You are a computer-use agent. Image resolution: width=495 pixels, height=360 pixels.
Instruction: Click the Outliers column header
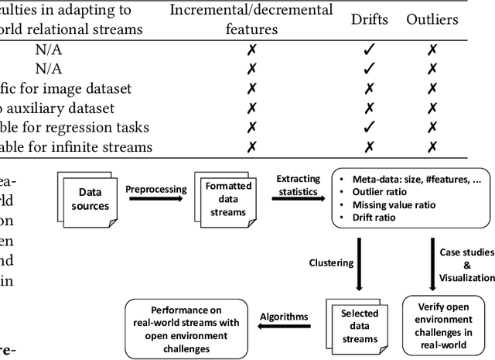coord(432,19)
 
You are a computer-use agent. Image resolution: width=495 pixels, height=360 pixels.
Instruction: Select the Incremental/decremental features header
coord(251,19)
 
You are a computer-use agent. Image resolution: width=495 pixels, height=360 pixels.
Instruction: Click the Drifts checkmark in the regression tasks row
coord(369,126)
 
